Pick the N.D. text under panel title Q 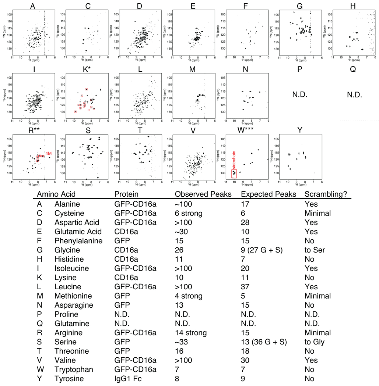(x=353, y=94)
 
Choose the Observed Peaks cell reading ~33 (x=182, y=351)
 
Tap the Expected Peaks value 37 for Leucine (x=245, y=287)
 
